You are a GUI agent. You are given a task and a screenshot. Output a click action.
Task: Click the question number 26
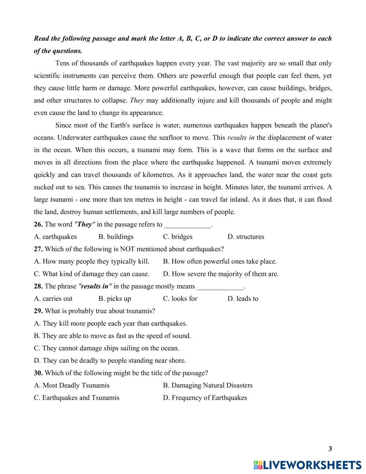click(x=38, y=225)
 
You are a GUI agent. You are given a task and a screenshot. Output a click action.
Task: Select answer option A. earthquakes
click(x=55, y=237)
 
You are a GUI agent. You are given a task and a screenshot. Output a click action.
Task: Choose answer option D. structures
click(x=246, y=237)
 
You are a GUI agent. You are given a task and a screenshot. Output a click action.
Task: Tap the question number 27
click(x=38, y=249)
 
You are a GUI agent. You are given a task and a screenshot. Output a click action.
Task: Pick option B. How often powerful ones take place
click(x=220, y=262)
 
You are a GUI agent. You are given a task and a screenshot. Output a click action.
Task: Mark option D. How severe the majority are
click(x=221, y=274)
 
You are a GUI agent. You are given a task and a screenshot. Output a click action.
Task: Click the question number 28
click(x=38, y=286)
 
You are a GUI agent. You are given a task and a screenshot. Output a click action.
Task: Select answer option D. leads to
click(x=243, y=299)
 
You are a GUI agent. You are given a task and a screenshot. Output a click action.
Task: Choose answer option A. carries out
click(x=53, y=299)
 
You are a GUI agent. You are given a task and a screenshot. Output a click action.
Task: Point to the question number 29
click(x=38, y=311)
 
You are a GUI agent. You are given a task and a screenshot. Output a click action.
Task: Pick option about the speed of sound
click(x=112, y=336)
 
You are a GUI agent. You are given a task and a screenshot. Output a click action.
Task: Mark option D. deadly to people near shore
click(x=110, y=360)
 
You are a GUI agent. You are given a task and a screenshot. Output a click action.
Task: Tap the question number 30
click(x=38, y=373)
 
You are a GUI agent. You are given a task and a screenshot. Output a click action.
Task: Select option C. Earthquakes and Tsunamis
click(x=76, y=398)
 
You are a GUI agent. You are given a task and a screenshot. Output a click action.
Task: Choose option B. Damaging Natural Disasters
click(x=208, y=385)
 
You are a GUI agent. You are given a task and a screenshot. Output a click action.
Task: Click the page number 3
click(x=330, y=449)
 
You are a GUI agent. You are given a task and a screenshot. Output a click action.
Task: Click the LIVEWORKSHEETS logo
click(x=307, y=465)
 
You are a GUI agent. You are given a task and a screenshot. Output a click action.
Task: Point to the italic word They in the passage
click(x=137, y=100)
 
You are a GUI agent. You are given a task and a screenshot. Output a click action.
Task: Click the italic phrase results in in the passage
click(x=241, y=138)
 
